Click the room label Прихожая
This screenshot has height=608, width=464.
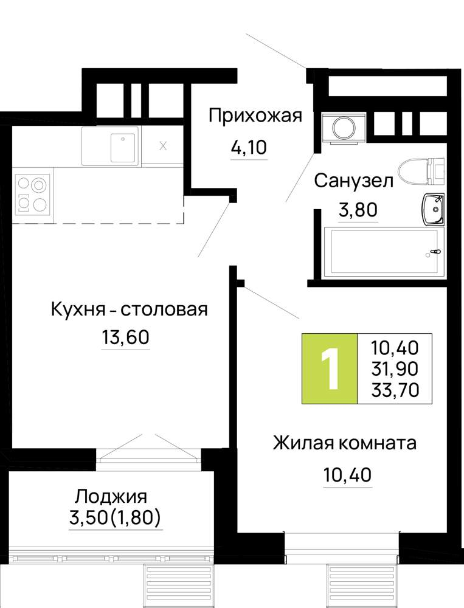tap(255, 116)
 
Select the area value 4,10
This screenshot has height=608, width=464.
tap(249, 147)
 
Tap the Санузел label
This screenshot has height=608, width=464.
tap(353, 181)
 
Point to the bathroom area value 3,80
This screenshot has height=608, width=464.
tap(358, 210)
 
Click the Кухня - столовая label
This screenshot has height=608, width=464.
tap(129, 309)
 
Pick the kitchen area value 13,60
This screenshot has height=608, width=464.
tap(125, 337)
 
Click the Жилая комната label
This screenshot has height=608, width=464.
tap(345, 443)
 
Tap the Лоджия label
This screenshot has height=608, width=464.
tap(111, 496)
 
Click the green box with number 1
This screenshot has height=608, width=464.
tap(330, 368)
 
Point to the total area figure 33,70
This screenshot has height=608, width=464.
tap(395, 389)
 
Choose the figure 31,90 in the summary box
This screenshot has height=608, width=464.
tap(395, 368)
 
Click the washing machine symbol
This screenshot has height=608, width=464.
tap(344, 128)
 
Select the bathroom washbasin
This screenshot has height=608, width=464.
tap(433, 210)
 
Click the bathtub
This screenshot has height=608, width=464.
tap(384, 252)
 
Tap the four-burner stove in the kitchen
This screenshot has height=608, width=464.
tap(33, 194)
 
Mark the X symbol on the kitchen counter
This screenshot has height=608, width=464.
tap(164, 146)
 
